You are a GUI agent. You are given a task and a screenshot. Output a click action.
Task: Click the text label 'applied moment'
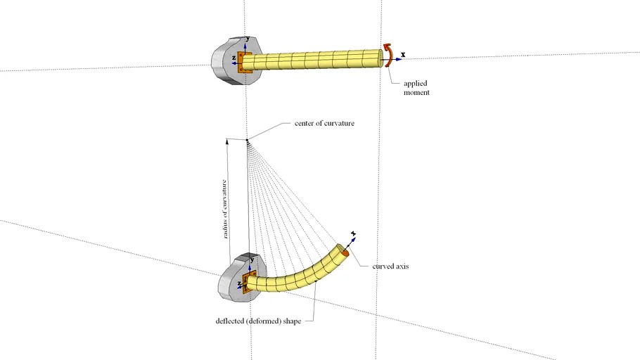pos(416,88)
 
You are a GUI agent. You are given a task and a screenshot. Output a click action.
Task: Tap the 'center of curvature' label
pos(320,124)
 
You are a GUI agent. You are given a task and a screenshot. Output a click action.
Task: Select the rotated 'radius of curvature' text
pos(226,209)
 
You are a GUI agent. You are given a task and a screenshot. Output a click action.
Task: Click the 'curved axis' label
pos(390,266)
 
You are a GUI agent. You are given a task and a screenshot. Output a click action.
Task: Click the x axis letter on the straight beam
pos(403,54)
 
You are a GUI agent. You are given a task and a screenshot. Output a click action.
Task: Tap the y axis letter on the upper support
pos(248,39)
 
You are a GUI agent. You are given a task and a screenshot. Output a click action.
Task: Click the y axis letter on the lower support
pos(252,259)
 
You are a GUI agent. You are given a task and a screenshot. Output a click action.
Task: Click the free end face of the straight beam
pos(385,56)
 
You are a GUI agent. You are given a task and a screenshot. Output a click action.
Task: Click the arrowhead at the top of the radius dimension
pos(227,141)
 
